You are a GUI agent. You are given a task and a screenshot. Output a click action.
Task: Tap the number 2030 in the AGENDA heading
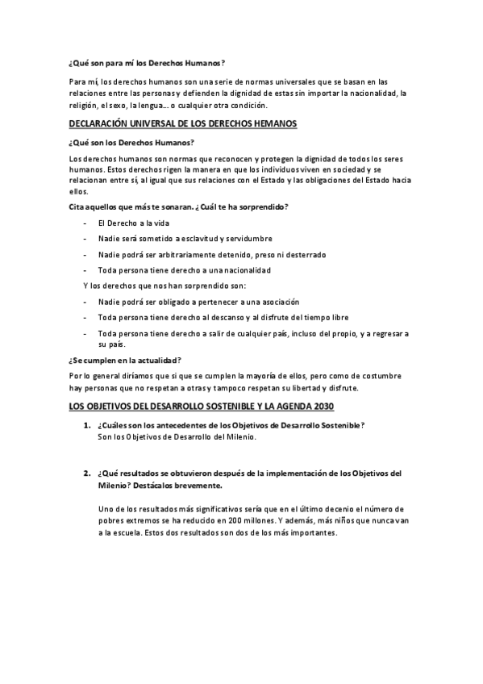(x=323, y=406)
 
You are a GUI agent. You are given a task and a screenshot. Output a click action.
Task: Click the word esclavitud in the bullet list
(x=199, y=239)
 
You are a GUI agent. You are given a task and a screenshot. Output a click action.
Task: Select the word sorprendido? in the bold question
(x=261, y=207)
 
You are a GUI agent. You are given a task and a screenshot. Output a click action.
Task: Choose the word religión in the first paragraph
(x=85, y=105)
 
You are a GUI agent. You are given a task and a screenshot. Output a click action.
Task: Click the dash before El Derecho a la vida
(x=85, y=223)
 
